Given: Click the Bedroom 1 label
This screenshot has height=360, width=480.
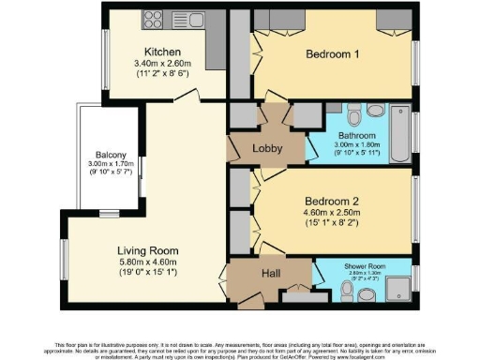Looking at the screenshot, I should pyautogui.click(x=333, y=54).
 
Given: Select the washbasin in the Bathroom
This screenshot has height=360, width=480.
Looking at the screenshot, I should pyautogui.click(x=378, y=111).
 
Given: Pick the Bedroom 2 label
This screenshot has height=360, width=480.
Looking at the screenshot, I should pyautogui.click(x=333, y=200).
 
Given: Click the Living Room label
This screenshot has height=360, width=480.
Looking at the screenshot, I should pyautogui.click(x=147, y=251).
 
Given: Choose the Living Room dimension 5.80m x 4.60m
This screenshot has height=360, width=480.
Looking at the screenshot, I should pyautogui.click(x=147, y=263).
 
